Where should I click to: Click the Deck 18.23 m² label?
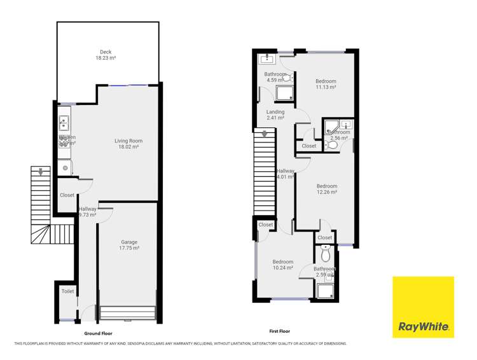click(106, 55)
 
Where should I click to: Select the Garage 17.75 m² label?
click(130, 245)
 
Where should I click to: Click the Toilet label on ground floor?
click(67, 291)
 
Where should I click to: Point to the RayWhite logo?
click(424, 307)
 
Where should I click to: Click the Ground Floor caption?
click(98, 333)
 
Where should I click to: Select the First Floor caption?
click(279, 331)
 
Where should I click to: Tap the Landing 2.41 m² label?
click(275, 115)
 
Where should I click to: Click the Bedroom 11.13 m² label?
click(326, 85)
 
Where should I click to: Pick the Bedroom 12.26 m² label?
click(326, 189)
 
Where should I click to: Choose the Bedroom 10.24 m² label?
click(282, 265)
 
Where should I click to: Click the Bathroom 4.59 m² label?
click(275, 77)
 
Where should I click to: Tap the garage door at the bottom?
click(128, 314)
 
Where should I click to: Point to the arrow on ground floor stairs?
click(41, 171)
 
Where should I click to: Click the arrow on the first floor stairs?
click(263, 134)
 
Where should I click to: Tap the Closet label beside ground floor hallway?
click(67, 195)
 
